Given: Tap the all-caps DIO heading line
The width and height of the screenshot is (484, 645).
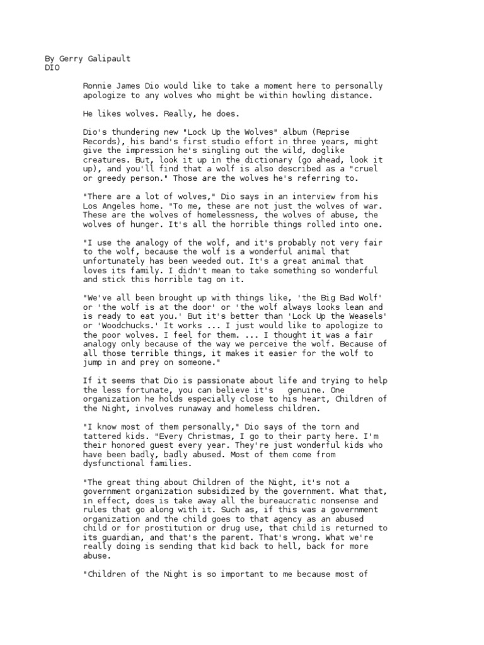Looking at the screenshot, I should [52, 68].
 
